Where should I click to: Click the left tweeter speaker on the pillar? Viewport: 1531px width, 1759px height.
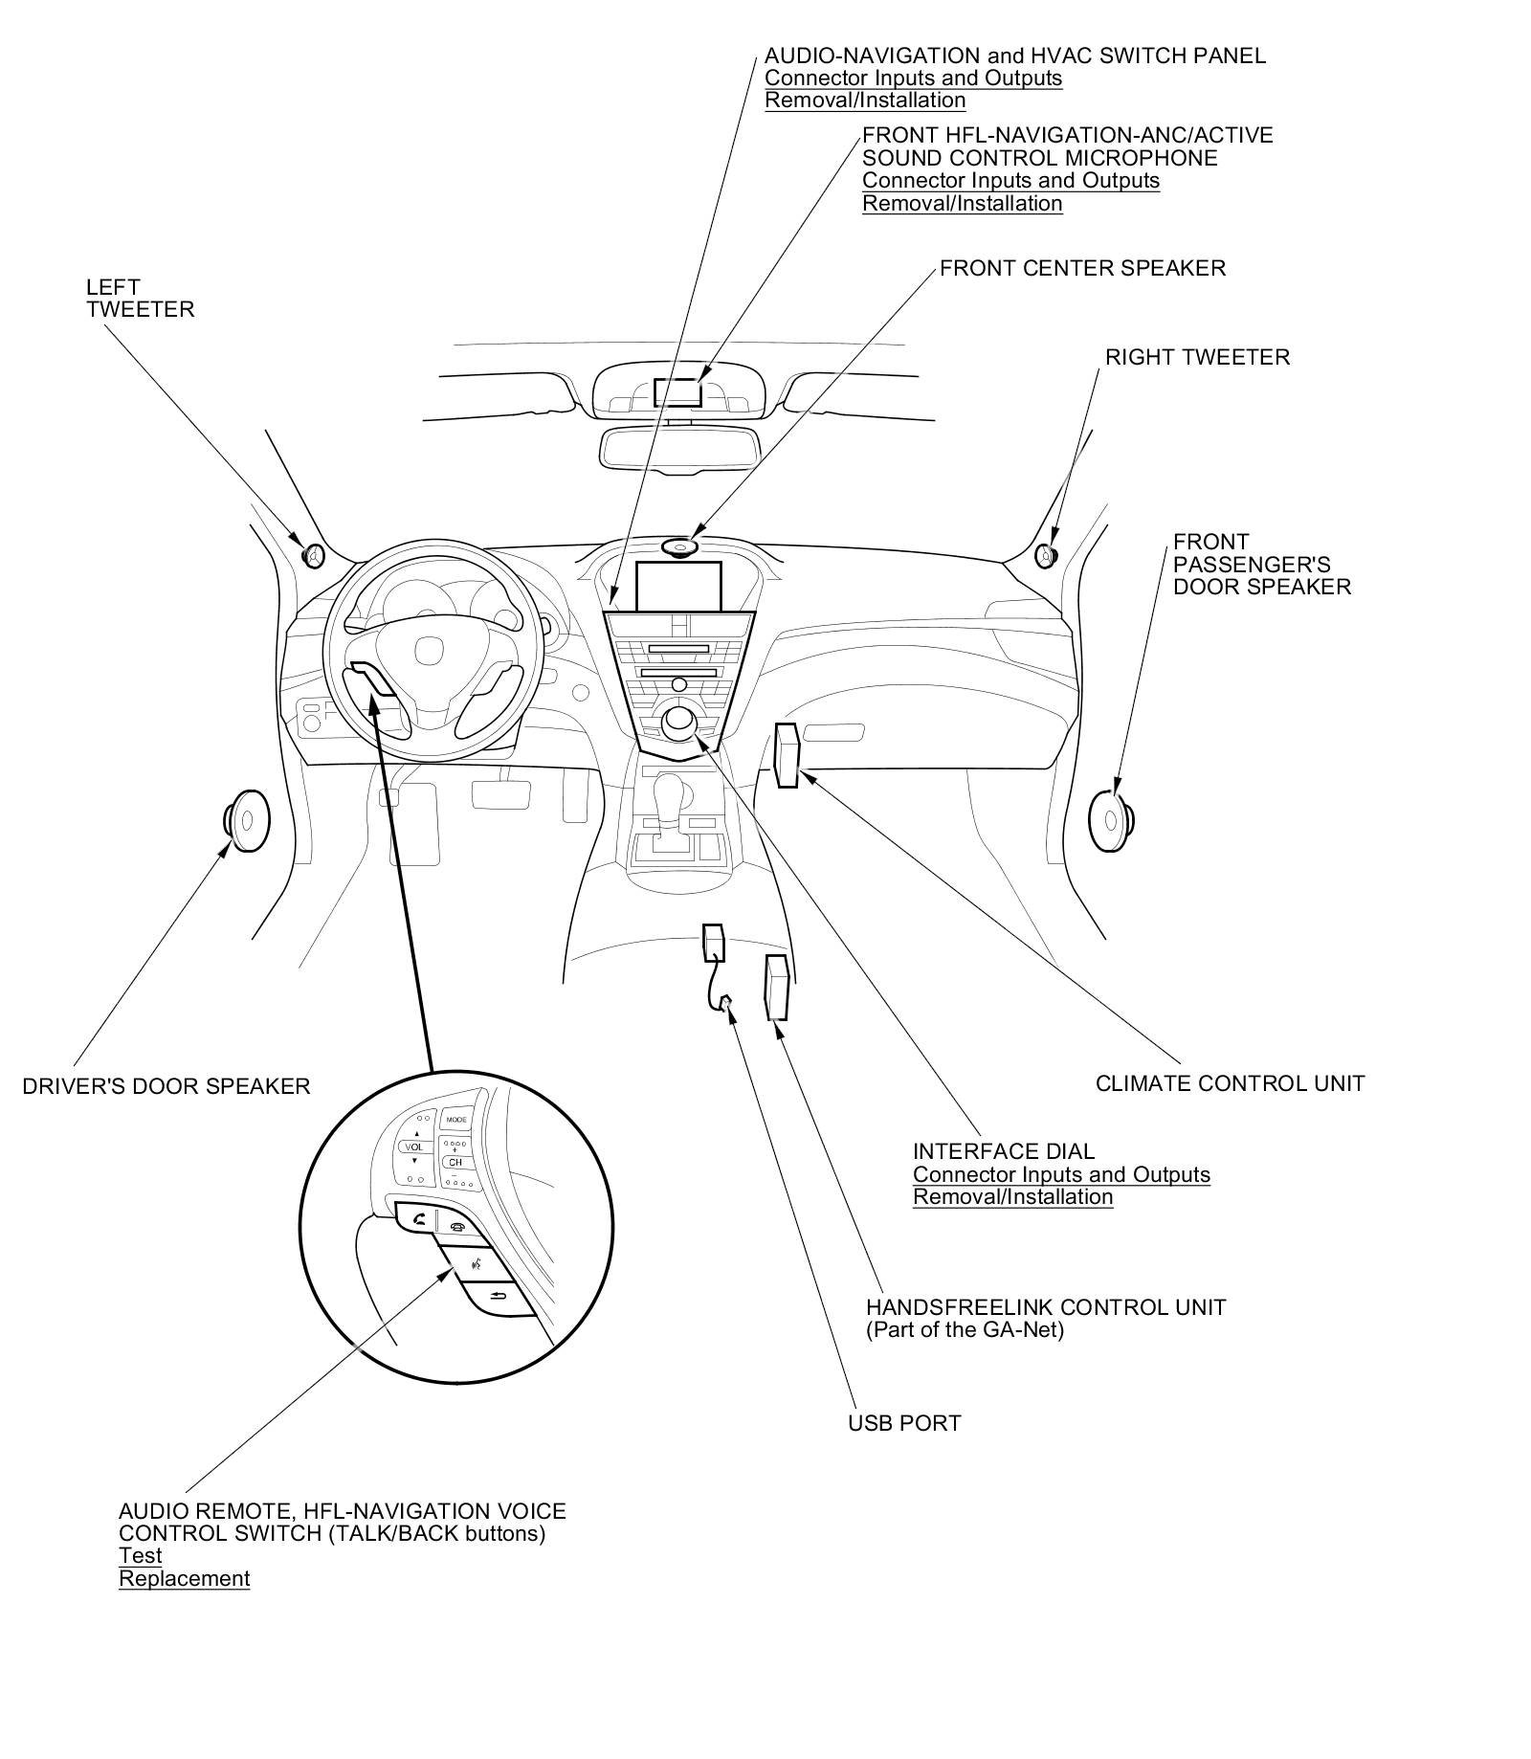coord(313,555)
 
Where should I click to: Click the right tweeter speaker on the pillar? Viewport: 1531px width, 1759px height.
coord(1046,555)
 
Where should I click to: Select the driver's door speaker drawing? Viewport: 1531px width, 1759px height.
coord(246,820)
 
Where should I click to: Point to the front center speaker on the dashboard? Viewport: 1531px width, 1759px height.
coord(678,547)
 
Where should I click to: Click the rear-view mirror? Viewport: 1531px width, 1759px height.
coord(678,446)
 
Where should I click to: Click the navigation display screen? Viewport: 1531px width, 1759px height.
coord(677,585)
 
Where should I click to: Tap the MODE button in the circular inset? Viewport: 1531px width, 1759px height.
coord(456,1119)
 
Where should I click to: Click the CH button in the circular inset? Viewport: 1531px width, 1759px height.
coord(455,1162)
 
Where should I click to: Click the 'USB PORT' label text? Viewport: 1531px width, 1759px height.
coord(903,1450)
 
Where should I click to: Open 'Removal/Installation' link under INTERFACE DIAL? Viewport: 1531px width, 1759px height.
coord(1012,1196)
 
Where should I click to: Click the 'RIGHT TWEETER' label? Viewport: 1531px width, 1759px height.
coord(1197,357)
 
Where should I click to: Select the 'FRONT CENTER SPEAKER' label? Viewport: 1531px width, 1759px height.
coord(1082,268)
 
